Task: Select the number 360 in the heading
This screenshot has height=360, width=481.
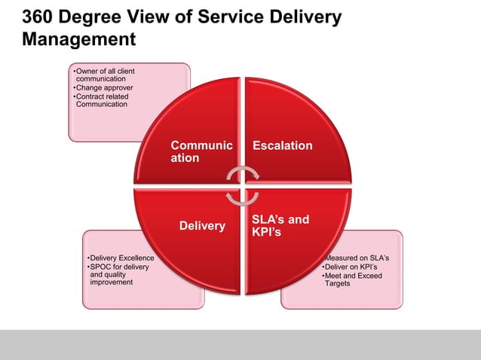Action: tap(38, 17)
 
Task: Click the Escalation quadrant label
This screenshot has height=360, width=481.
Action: tap(282, 145)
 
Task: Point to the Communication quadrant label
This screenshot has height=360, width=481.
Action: tap(201, 151)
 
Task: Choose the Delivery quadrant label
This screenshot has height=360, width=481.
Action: tap(202, 226)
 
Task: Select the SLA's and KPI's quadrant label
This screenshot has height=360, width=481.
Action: tap(280, 226)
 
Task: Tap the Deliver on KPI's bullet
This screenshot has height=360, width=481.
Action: tap(351, 267)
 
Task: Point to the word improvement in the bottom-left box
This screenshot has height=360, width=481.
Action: tap(111, 283)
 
